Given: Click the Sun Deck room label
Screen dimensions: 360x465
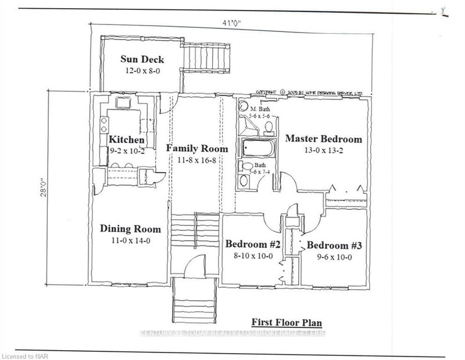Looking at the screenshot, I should (142, 59).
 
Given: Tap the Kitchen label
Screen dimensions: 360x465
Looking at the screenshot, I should (126, 140).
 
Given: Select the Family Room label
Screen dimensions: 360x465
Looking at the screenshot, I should (196, 148).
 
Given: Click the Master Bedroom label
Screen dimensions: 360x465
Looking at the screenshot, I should (323, 139).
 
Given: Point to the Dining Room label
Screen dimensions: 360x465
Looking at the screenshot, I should (130, 229).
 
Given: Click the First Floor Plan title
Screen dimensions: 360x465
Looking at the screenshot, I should (286, 322).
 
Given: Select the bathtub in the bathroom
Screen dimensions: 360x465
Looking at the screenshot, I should (256, 148).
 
